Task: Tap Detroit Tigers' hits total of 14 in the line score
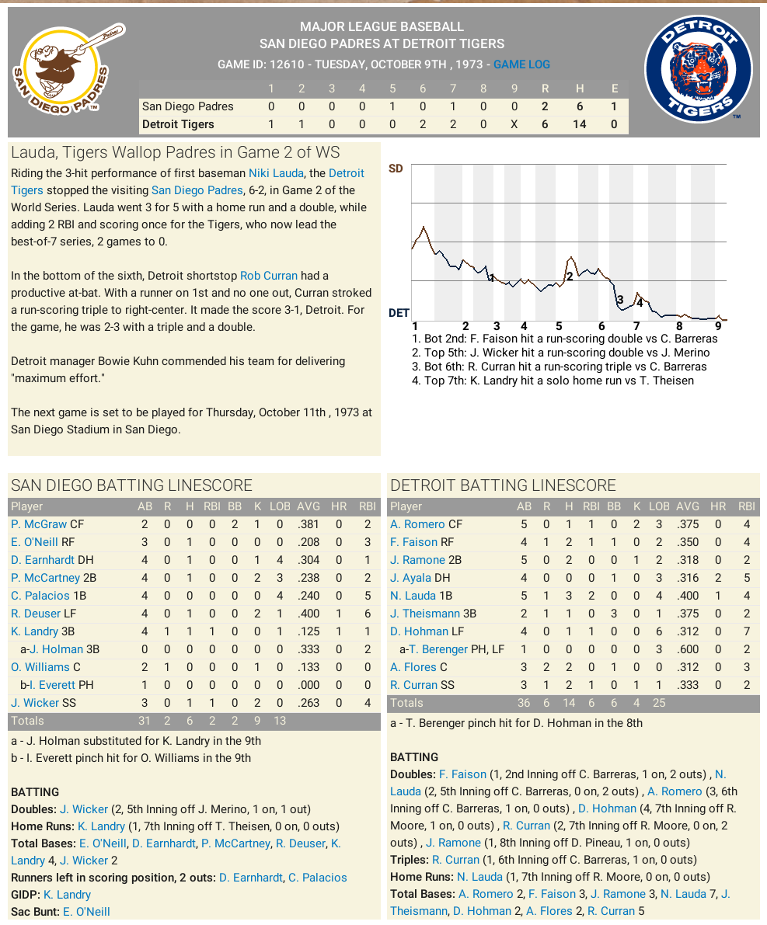(x=579, y=124)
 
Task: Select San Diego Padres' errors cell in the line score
(x=615, y=106)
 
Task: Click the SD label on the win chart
(x=396, y=169)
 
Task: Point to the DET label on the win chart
(x=399, y=313)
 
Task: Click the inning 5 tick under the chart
(x=559, y=326)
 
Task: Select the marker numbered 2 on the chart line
(x=570, y=276)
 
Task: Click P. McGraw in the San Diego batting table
(x=39, y=524)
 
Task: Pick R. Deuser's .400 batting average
(x=309, y=614)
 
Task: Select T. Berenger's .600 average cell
(x=688, y=649)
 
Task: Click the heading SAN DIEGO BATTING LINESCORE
(x=131, y=485)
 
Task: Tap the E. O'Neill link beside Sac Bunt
(x=86, y=912)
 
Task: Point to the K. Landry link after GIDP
(x=67, y=895)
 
